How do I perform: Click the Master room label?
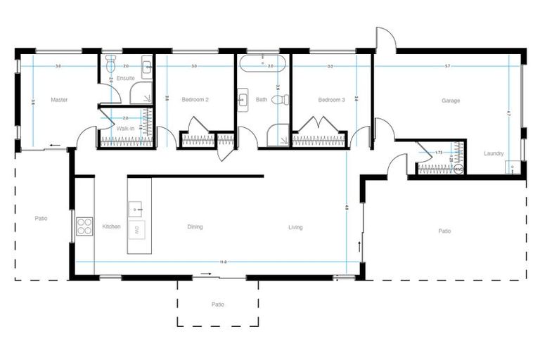(59, 100)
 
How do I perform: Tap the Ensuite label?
(126, 77)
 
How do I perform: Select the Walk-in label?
(125, 129)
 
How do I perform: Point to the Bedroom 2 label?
(195, 100)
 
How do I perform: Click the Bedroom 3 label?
(331, 100)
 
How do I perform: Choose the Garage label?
(451, 101)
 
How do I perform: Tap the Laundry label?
(494, 153)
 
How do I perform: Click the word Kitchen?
(111, 226)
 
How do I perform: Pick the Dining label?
(195, 226)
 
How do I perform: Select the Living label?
(295, 226)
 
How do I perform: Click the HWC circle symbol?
(458, 169)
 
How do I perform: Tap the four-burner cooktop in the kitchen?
(85, 226)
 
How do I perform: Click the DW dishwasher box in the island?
(137, 230)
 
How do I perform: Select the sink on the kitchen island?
(136, 208)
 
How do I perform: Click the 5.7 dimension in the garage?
(447, 66)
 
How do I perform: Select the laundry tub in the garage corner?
(514, 167)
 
